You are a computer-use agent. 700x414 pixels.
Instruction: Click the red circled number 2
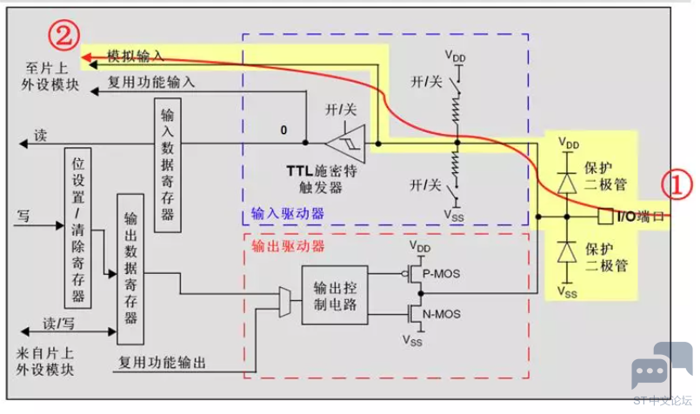click(63, 36)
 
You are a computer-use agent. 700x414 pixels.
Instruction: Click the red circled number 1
click(677, 185)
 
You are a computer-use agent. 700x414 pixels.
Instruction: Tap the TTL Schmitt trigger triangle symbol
click(346, 144)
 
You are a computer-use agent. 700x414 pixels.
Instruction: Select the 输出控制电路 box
click(335, 295)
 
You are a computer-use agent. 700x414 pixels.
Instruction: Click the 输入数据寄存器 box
click(168, 165)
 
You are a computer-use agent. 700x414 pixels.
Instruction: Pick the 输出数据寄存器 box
click(130, 269)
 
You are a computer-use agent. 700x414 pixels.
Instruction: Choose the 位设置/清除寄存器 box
click(78, 228)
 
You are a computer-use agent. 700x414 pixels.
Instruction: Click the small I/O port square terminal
click(605, 217)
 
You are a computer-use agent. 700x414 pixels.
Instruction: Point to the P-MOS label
click(441, 273)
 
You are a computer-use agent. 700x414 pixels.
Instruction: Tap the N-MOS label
click(442, 314)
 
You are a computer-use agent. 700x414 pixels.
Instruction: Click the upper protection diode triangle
click(567, 184)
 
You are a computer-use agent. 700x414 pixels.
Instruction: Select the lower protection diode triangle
click(567, 252)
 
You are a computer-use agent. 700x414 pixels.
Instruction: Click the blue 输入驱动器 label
click(288, 213)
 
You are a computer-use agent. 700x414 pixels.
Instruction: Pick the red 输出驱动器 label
click(288, 246)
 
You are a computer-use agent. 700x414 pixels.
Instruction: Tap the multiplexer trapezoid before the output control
click(285, 303)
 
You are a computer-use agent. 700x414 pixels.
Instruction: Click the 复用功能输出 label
click(162, 362)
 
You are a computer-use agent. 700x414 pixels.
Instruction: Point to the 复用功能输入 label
click(151, 82)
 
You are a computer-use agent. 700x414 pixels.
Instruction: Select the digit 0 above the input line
click(283, 130)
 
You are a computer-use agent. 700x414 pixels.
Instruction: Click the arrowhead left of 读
click(23, 144)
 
